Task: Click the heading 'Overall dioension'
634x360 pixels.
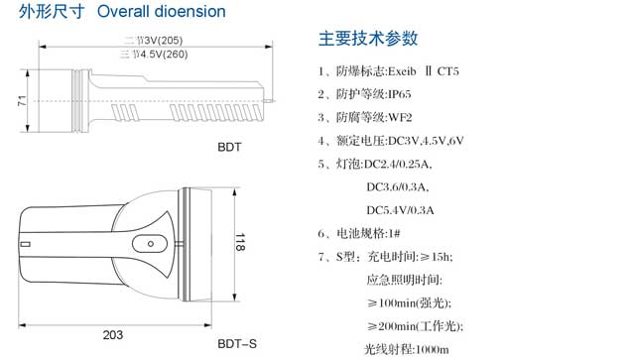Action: [162, 11]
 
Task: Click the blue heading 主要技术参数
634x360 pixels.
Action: [368, 39]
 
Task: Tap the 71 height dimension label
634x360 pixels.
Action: [22, 101]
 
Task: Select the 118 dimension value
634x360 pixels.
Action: [240, 242]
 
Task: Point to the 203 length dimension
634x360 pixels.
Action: [113, 335]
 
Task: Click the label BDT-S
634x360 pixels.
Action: [237, 344]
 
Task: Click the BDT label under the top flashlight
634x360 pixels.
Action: [229, 147]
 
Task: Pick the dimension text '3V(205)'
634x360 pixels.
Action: [164, 41]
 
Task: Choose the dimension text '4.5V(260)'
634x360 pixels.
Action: [164, 55]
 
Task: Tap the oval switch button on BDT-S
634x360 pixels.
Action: [150, 244]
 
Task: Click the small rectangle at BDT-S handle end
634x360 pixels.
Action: [25, 244]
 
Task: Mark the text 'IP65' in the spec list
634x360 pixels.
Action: [400, 94]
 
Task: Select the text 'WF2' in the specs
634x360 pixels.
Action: [400, 118]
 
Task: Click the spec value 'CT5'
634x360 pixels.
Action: [448, 71]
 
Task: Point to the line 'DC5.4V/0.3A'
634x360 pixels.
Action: [400, 210]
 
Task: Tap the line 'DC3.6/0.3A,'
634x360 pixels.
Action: [398, 187]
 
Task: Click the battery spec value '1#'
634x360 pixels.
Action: [394, 233]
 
